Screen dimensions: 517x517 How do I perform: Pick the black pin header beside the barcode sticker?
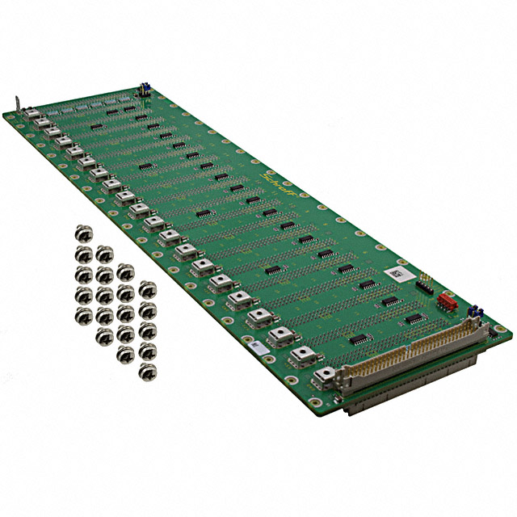click(424, 282)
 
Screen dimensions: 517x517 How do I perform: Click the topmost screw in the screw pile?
click(82, 233)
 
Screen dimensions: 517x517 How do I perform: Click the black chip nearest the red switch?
click(413, 318)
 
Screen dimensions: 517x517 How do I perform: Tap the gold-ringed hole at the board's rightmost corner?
click(502, 330)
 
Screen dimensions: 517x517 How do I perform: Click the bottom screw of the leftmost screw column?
click(83, 313)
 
